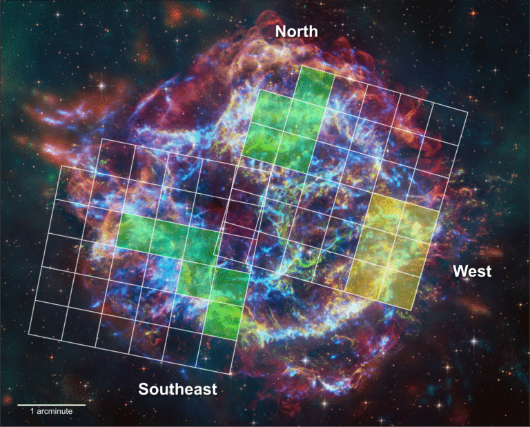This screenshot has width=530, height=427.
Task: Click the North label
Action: [297, 32]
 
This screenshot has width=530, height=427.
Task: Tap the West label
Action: [472, 272]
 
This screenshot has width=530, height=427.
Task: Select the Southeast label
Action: [178, 389]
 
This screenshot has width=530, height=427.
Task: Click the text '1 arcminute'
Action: [52, 411]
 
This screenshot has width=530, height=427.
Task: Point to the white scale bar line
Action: [52, 404]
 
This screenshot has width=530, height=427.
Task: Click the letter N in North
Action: [282, 32]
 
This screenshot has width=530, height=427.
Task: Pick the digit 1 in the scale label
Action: [32, 411]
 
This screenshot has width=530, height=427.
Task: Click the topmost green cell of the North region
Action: [316, 83]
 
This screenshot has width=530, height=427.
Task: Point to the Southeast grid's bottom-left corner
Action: [28, 335]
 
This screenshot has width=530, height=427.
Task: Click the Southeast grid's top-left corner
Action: [61, 166]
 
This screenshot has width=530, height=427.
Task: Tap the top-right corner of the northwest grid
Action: [467, 112]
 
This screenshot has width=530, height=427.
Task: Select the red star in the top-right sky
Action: [473, 14]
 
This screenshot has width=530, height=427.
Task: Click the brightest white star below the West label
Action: [473, 340]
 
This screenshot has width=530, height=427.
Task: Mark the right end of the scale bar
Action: [86, 404]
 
